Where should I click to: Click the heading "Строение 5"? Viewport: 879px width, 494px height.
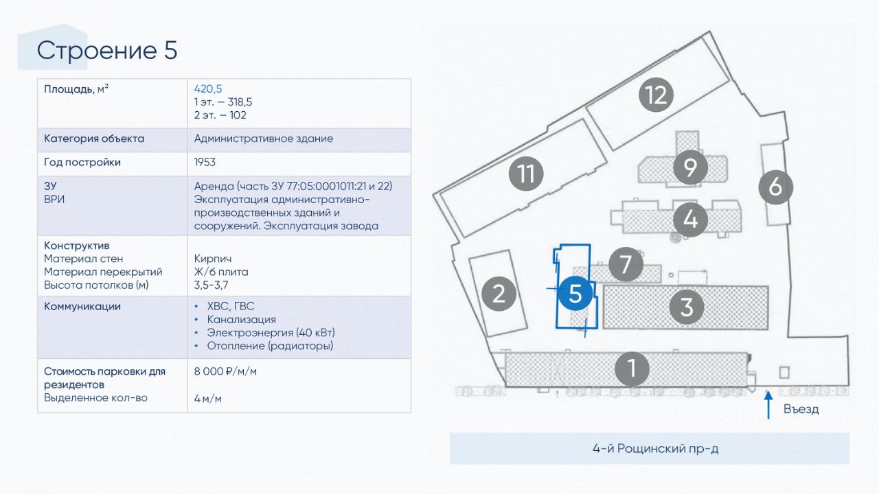coord(106,51)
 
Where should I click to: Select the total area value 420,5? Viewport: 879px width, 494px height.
coord(208,89)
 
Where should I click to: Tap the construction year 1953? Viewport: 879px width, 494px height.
coord(205,162)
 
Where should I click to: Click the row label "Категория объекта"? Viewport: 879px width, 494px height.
coord(94,139)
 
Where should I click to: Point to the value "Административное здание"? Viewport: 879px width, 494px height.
coord(263,139)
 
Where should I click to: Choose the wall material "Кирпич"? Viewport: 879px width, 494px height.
coord(213,259)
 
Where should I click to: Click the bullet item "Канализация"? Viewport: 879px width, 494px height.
coord(241,319)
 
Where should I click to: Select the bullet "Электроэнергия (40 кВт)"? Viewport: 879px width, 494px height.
coord(271,333)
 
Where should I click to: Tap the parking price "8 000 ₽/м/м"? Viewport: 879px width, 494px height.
coord(225,371)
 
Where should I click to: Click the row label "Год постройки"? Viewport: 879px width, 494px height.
coord(82,163)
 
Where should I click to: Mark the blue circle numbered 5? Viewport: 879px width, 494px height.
coord(575,293)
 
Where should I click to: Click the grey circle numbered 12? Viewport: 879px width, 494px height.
coord(656,95)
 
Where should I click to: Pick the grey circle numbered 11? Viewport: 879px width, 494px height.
coord(526,174)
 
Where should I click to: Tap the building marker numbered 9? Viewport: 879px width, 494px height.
coord(690,167)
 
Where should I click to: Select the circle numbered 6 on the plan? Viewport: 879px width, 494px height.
coord(775,187)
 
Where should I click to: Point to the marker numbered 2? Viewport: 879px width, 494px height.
coord(499,294)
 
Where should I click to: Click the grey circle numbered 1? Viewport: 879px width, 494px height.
coord(632,368)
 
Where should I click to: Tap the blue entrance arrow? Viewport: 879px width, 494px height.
coord(768,405)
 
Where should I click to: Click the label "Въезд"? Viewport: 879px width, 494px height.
coord(801,410)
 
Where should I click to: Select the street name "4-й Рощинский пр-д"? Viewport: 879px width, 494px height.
coord(655,448)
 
